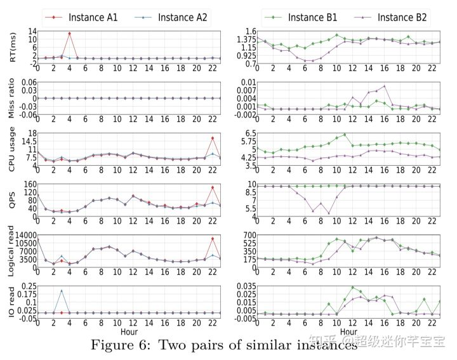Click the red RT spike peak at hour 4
[69, 33]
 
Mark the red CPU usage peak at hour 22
[212, 138]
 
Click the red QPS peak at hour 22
[212, 187]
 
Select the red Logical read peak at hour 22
[212, 239]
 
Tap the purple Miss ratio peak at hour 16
[384, 86]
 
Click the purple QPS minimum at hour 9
[329, 214]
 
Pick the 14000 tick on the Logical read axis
[23, 235]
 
